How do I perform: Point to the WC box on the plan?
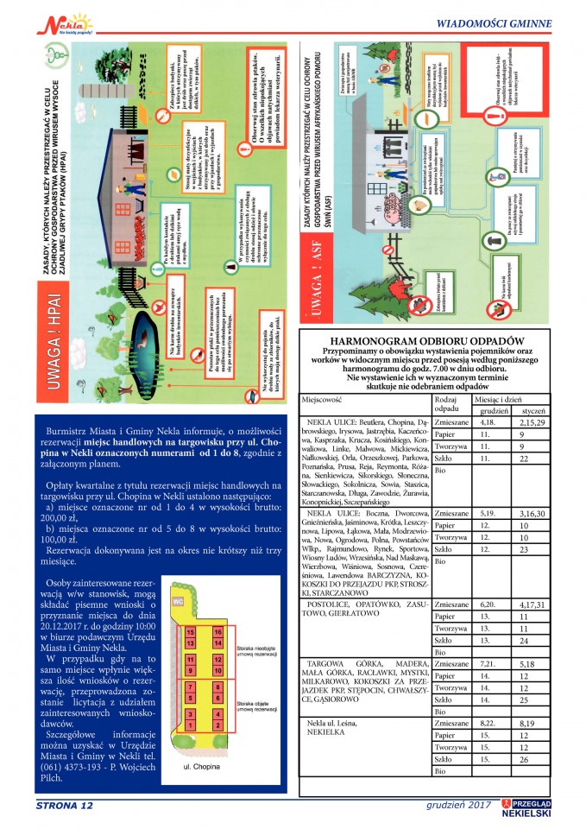[180, 599]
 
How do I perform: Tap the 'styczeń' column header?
[532, 412]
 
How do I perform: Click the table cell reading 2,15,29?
[531, 423]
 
